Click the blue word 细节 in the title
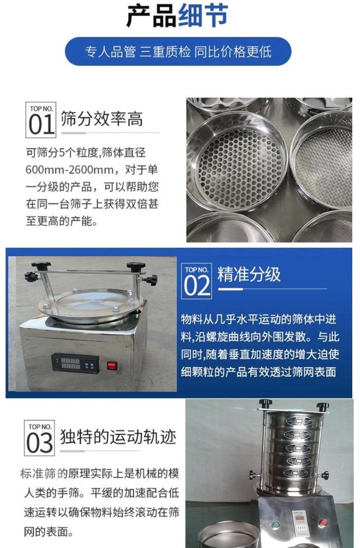pos(203,16)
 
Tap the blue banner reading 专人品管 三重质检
pos(178,51)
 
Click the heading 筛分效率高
pos(102,119)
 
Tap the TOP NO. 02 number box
pos(196,281)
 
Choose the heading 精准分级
pos(249,274)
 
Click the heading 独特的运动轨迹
pos(118,436)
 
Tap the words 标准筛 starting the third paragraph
pos(38,473)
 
